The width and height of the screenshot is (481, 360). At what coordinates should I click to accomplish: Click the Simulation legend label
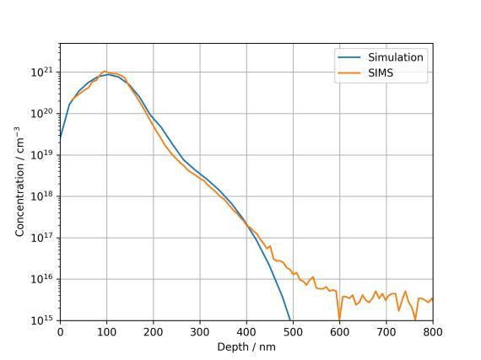(x=396, y=57)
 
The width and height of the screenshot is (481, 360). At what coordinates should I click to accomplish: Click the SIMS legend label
(x=381, y=73)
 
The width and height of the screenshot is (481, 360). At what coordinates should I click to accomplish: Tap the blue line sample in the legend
(x=349, y=57)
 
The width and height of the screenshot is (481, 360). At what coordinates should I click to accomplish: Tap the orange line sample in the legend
(x=349, y=73)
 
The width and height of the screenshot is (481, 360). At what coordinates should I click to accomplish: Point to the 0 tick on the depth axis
(x=60, y=332)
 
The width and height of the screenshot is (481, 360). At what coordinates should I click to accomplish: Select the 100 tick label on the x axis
(x=107, y=332)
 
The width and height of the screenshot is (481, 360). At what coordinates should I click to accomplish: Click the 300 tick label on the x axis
(x=200, y=332)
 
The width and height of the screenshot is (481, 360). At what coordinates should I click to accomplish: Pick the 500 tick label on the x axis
(x=293, y=332)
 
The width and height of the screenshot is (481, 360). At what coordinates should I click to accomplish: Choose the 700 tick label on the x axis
(x=386, y=332)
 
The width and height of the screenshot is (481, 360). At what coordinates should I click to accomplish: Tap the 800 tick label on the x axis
(x=433, y=332)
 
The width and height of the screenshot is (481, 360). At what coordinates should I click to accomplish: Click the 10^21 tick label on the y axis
(x=43, y=72)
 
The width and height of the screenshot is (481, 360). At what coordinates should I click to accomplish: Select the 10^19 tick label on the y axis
(x=43, y=154)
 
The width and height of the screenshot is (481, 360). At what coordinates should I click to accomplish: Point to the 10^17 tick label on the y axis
(x=43, y=237)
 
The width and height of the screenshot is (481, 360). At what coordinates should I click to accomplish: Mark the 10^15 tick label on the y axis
(x=43, y=320)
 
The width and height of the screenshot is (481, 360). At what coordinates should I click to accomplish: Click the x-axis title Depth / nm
(x=246, y=347)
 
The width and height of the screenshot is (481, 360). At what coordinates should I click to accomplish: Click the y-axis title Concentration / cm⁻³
(x=19, y=181)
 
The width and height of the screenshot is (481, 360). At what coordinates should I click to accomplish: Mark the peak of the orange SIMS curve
(x=105, y=72)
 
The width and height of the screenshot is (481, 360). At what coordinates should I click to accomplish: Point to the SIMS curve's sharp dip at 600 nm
(x=339, y=320)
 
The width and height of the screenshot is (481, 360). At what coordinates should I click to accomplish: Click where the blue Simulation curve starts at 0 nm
(x=61, y=138)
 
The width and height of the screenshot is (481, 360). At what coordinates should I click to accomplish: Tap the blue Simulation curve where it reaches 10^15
(x=290, y=320)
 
